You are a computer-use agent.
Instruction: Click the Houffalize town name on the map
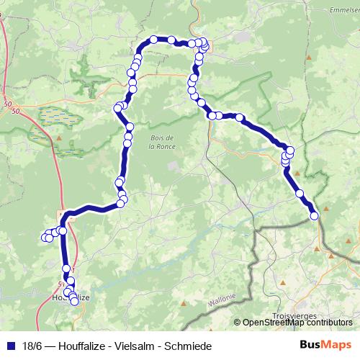tap(71, 297)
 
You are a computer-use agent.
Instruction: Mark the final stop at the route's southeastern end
tap(314, 215)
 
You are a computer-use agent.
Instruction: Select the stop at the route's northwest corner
tap(153, 40)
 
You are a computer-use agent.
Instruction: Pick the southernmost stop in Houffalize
tap(74, 302)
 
